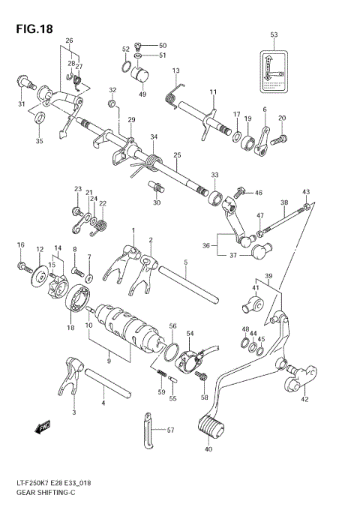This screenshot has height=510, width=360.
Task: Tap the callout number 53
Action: pos(274,35)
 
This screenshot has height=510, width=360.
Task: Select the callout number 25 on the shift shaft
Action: pos(177,156)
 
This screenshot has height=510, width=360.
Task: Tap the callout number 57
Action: pos(170,430)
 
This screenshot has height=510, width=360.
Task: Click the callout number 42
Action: pos(304,400)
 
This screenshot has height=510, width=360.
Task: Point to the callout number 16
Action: pos(21,244)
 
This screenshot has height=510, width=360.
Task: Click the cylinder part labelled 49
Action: pos(142,77)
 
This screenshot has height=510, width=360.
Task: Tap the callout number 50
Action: pos(163,45)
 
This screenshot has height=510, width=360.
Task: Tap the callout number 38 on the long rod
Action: pos(284,202)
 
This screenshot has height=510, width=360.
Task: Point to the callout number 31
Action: pos(22,103)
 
